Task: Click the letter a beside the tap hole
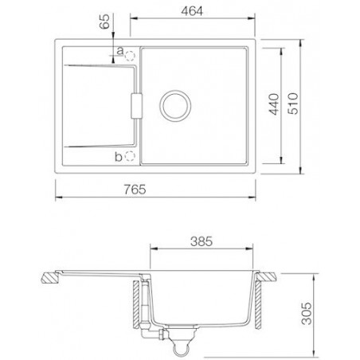119,52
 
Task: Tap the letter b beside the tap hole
119,156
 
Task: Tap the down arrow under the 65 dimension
115,37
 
